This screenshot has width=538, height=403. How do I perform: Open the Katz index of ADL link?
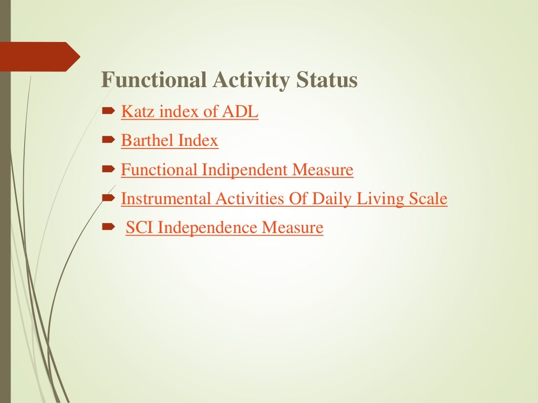190,112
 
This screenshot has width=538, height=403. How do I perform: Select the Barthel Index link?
170,141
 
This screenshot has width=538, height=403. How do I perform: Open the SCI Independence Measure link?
224,228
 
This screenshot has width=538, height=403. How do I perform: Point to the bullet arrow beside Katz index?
108,112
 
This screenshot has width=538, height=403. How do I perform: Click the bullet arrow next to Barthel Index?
108,141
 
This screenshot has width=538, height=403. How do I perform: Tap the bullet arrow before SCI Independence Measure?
108,228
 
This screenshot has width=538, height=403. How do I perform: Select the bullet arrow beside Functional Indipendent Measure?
108,169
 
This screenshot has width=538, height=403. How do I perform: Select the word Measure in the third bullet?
323,170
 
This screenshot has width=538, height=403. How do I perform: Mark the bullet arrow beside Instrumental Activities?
108,198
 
